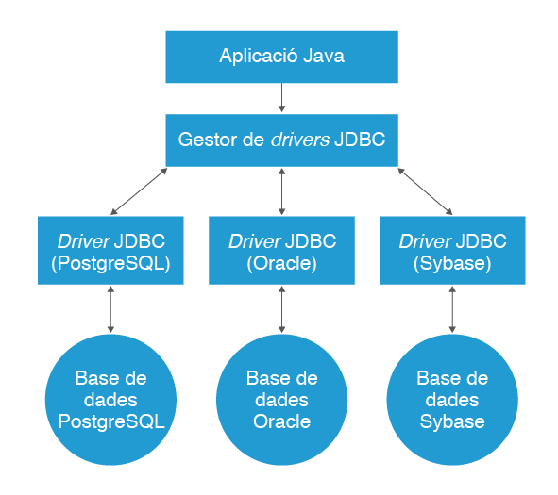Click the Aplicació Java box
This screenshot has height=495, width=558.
click(282, 57)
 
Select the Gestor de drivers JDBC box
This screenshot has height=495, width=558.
click(282, 140)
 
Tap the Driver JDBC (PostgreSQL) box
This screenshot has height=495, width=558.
click(110, 250)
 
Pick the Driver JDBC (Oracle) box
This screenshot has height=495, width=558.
click(282, 250)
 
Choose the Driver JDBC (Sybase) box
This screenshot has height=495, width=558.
click(452, 250)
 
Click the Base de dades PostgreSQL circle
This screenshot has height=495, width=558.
click(110, 400)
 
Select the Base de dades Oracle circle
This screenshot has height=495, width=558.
click(282, 400)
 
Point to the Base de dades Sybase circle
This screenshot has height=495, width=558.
click(452, 400)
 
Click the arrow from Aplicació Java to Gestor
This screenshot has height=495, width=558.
click(282, 98)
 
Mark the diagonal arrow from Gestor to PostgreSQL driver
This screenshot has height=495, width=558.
click(139, 191)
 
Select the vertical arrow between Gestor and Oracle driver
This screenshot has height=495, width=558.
click(282, 191)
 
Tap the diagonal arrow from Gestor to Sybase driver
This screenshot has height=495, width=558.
click(425, 191)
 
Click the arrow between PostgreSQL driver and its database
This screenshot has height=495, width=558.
click(110, 309)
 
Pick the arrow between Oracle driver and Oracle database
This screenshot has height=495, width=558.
click(282, 309)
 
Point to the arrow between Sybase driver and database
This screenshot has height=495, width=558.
click(452, 309)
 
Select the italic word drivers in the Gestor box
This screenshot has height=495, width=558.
click(300, 140)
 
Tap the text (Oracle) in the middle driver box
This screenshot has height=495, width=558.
click(282, 263)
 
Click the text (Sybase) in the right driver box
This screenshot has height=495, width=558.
click(452, 264)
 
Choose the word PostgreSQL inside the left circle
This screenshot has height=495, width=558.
click(111, 422)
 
